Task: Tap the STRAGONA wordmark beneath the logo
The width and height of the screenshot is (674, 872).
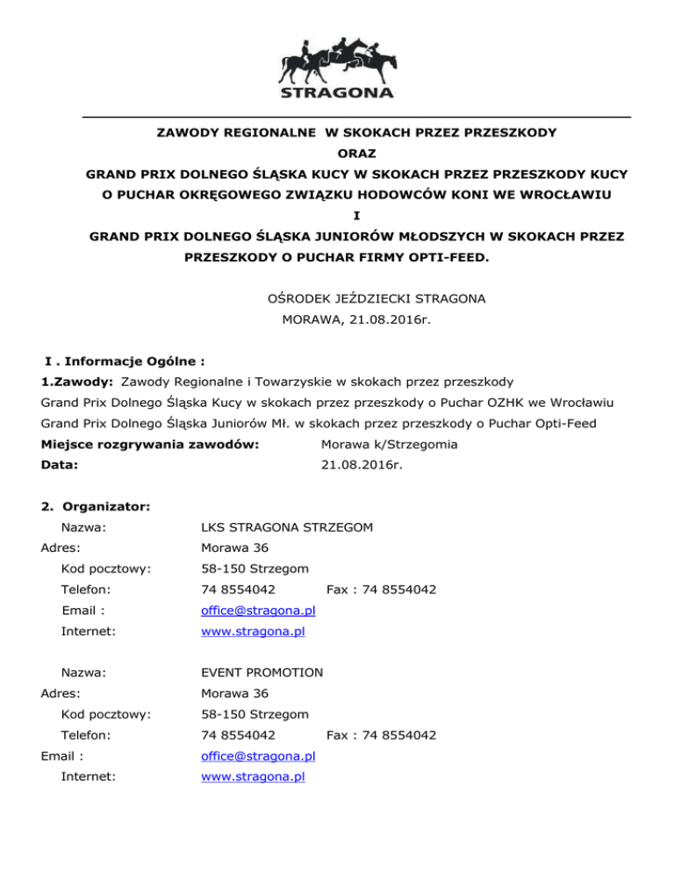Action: pyautogui.click(x=337, y=92)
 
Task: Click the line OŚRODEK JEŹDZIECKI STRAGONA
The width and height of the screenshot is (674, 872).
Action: pyautogui.click(x=376, y=299)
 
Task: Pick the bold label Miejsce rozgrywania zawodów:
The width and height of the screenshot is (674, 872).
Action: pyautogui.click(x=150, y=445)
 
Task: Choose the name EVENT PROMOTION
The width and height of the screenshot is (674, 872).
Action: pyautogui.click(x=262, y=673)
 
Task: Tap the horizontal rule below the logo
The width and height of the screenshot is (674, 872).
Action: pyautogui.click(x=356, y=117)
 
